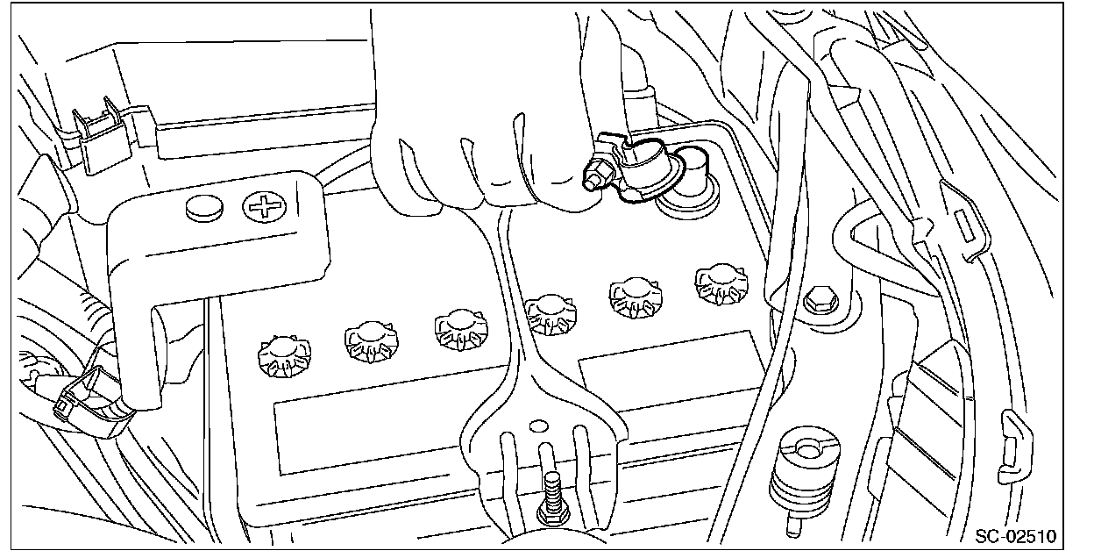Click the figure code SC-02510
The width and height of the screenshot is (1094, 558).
coord(1015,536)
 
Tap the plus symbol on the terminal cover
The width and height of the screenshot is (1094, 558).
coord(265,207)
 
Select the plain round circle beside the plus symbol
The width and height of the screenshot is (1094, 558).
coord(204,208)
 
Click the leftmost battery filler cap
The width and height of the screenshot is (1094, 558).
coord(284,355)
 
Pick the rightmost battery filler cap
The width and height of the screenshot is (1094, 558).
coord(721,284)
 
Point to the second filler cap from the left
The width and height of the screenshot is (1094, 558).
coord(371,341)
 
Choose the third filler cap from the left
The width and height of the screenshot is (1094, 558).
coord(461,329)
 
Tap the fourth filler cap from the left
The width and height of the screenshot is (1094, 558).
coord(551,314)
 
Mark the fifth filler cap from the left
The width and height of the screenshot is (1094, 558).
coord(636,298)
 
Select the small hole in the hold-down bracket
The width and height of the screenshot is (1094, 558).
coord(539,426)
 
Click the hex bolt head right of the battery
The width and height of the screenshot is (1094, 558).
coord(821,299)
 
